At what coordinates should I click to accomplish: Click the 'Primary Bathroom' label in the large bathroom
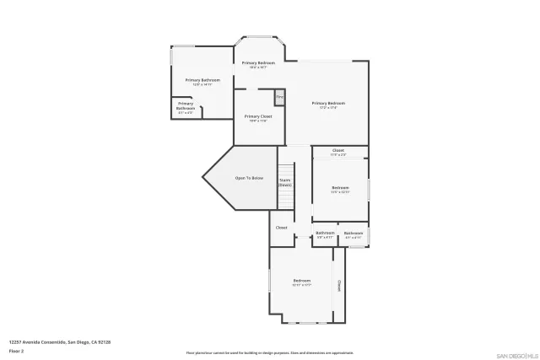202,81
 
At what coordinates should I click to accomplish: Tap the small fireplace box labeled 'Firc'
279,97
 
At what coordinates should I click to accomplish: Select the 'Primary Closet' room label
258,117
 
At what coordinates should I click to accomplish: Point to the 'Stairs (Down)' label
285,181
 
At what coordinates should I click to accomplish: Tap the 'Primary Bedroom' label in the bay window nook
258,64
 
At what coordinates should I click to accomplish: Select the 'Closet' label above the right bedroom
337,152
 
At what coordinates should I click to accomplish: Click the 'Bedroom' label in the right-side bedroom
340,189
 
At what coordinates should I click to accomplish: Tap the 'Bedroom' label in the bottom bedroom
301,282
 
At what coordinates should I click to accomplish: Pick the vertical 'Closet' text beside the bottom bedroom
339,285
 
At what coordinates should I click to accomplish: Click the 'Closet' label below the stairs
281,227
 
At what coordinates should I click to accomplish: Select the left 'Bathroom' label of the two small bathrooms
325,234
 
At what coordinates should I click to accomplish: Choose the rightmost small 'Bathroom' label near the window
353,234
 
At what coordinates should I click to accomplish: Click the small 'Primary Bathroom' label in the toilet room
186,106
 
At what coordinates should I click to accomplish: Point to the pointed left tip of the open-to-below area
203,177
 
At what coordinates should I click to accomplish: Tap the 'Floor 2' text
16,349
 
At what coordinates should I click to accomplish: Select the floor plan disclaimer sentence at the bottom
269,352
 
